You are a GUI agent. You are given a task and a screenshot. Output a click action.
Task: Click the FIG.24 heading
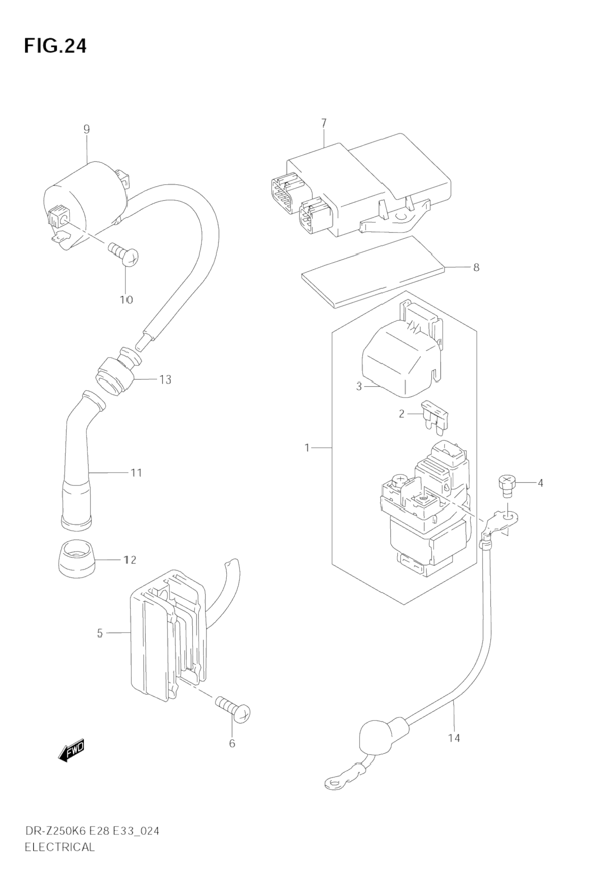tap(55, 46)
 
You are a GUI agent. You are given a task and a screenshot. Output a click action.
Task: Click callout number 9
tap(86, 130)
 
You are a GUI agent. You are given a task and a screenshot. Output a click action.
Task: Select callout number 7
tap(324, 122)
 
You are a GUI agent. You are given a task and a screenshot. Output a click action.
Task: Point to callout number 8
tap(476, 268)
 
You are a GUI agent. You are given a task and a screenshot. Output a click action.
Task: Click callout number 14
tap(454, 738)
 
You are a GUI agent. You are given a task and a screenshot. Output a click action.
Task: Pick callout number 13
tap(165, 380)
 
